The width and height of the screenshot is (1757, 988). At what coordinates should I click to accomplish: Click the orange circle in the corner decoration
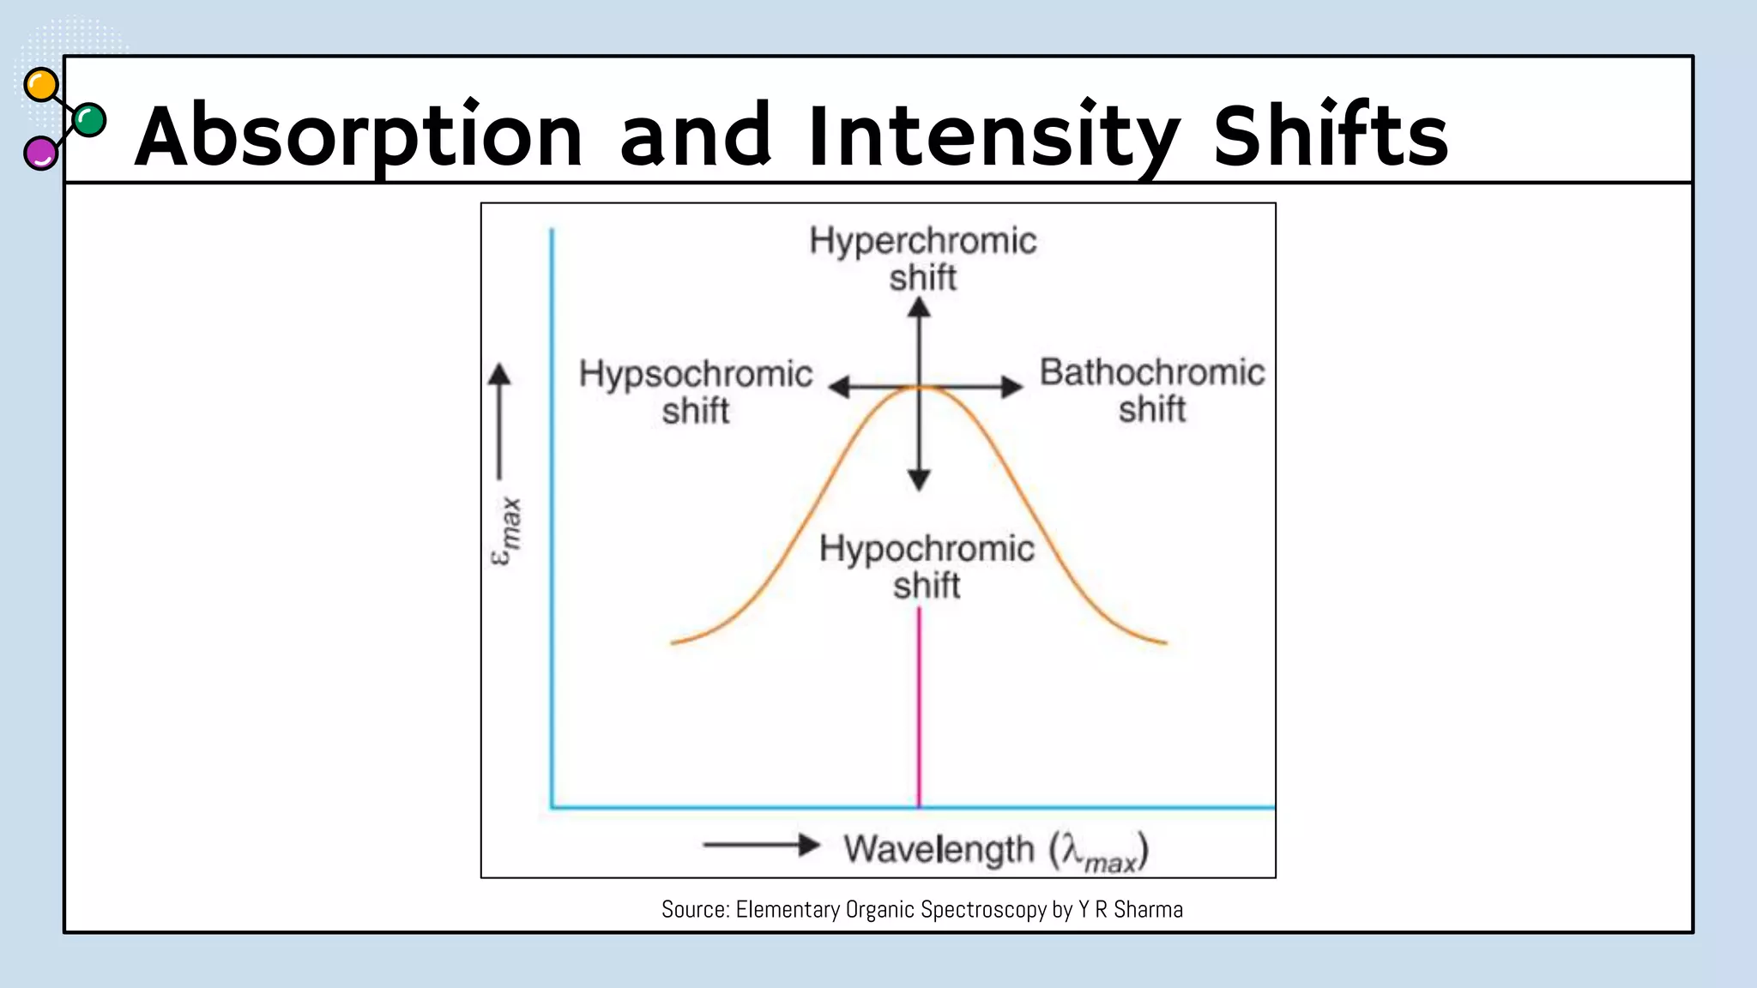[x=41, y=86]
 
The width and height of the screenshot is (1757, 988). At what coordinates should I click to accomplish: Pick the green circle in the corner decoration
[x=89, y=120]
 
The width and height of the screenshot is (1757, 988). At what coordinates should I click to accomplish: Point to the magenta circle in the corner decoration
[x=40, y=154]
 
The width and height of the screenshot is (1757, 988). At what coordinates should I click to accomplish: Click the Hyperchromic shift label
[x=922, y=258]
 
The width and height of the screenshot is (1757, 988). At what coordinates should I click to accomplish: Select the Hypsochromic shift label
[x=695, y=392]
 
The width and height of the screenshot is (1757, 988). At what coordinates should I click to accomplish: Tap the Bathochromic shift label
[x=1151, y=390]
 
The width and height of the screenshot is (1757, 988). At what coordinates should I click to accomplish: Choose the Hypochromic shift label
[x=927, y=566]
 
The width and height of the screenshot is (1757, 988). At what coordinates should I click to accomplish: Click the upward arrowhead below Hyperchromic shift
[x=919, y=307]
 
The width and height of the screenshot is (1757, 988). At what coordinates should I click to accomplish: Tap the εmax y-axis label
[x=506, y=532]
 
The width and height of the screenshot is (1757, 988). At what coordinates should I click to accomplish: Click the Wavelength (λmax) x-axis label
[x=995, y=850]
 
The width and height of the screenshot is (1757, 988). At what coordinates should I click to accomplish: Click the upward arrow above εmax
[x=499, y=420]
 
